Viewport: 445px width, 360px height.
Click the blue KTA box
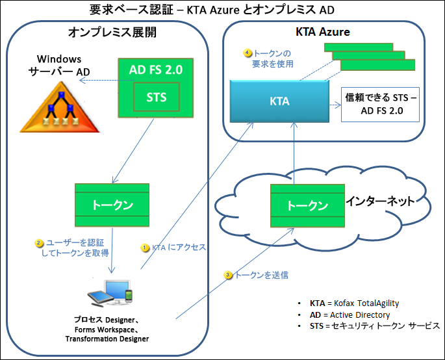click(280, 101)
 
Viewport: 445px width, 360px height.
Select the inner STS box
click(157, 98)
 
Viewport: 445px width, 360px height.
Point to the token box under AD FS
click(112, 205)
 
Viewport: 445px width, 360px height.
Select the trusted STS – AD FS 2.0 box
click(380, 105)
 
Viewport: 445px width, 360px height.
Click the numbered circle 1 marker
click(145, 247)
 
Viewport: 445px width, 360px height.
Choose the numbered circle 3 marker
click(228, 275)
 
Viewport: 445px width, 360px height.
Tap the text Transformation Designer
click(107, 339)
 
